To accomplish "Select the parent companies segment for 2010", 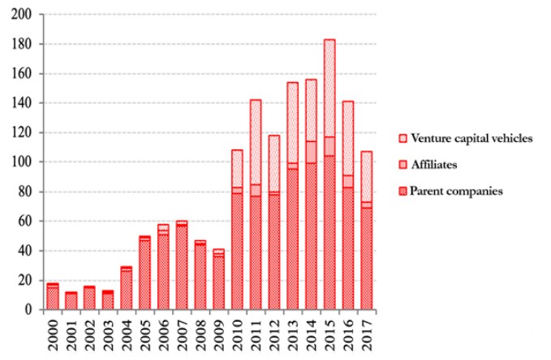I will coord(238,251).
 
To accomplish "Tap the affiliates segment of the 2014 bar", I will coord(311,152).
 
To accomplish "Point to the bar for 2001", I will coord(71,301).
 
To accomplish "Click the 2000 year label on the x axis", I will coord(53,334).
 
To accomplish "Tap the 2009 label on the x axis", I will coord(219,334).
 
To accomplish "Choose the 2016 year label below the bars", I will coord(348,334).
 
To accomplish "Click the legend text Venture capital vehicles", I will coord(472,138).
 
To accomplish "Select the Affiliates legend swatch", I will coord(403,165).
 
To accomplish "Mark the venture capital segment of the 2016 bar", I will coord(347,138).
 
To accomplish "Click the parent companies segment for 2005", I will coord(145,276).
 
